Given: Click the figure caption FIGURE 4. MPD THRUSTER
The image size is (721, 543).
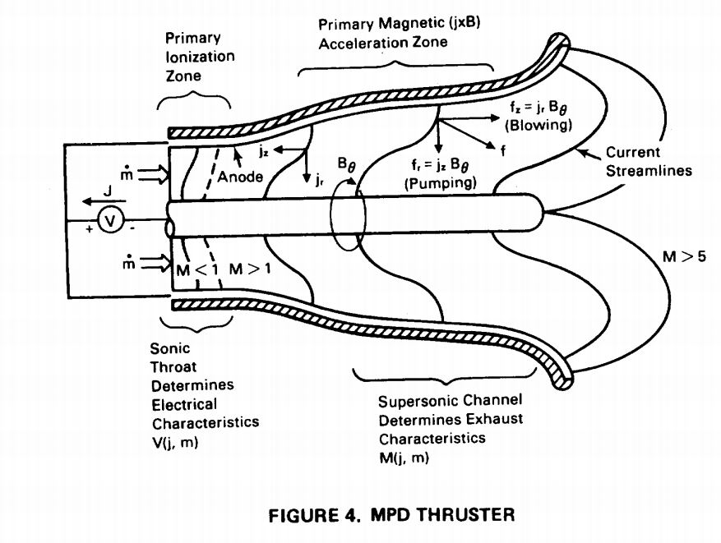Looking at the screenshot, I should (392, 515).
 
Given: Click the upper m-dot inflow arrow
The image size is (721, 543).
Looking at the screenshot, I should (152, 174).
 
